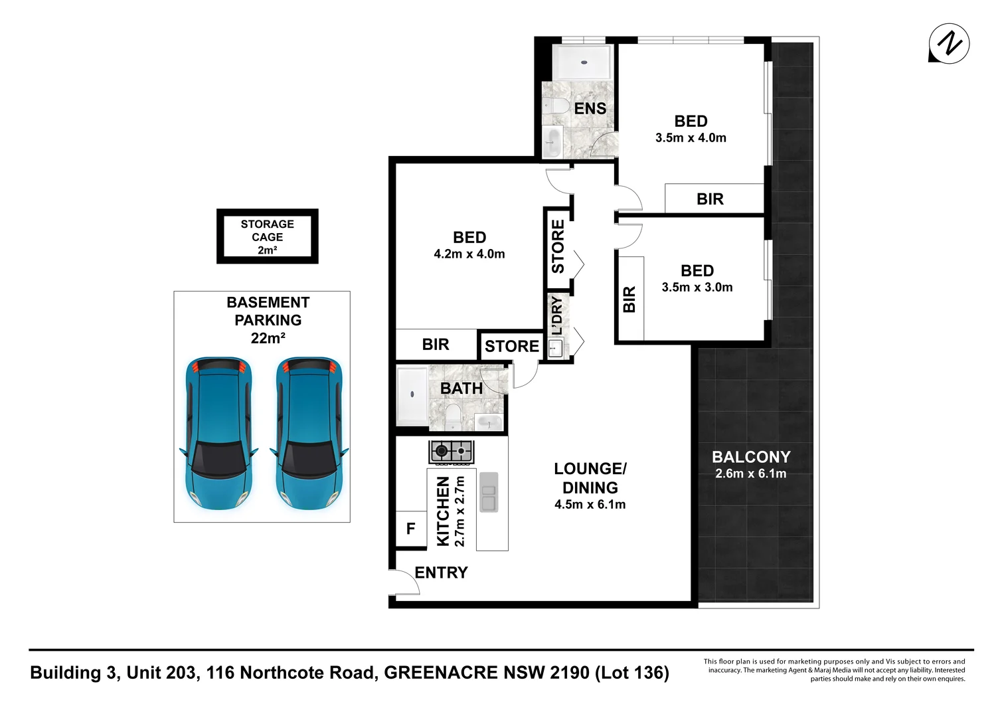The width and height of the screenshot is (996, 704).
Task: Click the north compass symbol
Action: pos(949,44)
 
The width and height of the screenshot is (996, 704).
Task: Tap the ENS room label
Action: pos(590,108)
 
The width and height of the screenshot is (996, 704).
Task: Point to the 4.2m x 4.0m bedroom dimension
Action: pos(469,254)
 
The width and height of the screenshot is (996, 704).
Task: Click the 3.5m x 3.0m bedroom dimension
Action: pos(697,287)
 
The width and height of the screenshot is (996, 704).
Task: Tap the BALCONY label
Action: pos(751,457)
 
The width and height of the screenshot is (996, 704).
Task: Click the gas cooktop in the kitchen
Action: pos(451,452)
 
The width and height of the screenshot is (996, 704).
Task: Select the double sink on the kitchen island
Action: pos(489,492)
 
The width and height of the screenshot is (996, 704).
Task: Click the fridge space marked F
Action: pos(410,529)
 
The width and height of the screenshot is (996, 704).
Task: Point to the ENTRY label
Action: pos(441,572)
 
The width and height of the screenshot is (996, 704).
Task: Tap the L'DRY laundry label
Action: pos(557,315)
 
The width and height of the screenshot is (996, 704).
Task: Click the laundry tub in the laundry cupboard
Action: pos(555,347)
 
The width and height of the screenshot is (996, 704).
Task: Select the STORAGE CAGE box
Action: pos(267,236)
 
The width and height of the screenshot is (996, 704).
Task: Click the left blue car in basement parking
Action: pos(218,433)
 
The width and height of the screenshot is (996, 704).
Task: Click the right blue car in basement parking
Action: pos(309,433)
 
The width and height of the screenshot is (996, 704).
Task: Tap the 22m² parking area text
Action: pos(268,338)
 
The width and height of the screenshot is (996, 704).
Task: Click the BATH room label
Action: pos(461,389)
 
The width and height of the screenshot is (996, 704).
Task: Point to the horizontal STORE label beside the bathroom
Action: pos(511,346)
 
